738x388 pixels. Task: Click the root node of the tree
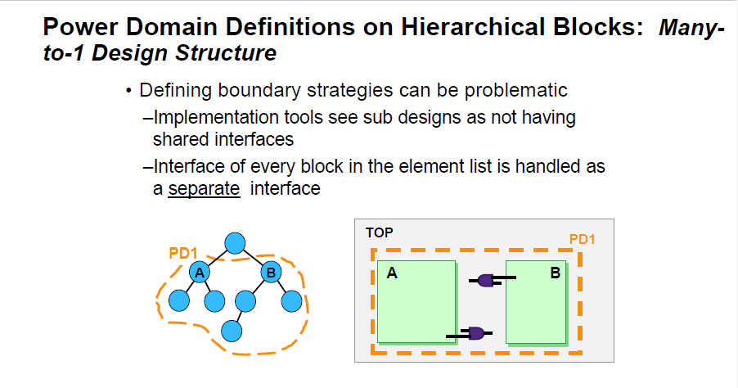point(235,243)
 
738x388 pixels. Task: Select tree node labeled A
point(200,272)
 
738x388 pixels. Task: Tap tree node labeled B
point(271,272)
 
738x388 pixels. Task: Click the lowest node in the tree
point(232,331)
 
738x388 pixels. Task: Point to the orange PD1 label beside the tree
point(183,253)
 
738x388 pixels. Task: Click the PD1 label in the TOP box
point(583,239)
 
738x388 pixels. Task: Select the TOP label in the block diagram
point(380,232)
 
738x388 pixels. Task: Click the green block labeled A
point(417,302)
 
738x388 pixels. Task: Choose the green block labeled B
point(537,302)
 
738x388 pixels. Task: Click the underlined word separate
point(204,189)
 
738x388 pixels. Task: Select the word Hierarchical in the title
point(475,27)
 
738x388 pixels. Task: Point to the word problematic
point(515,90)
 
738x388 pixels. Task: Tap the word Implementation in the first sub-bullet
point(217,118)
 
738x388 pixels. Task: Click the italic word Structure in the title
point(226,52)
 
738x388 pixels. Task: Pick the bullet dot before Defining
point(128,91)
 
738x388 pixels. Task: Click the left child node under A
point(179,300)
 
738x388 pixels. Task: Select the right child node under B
point(292,301)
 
